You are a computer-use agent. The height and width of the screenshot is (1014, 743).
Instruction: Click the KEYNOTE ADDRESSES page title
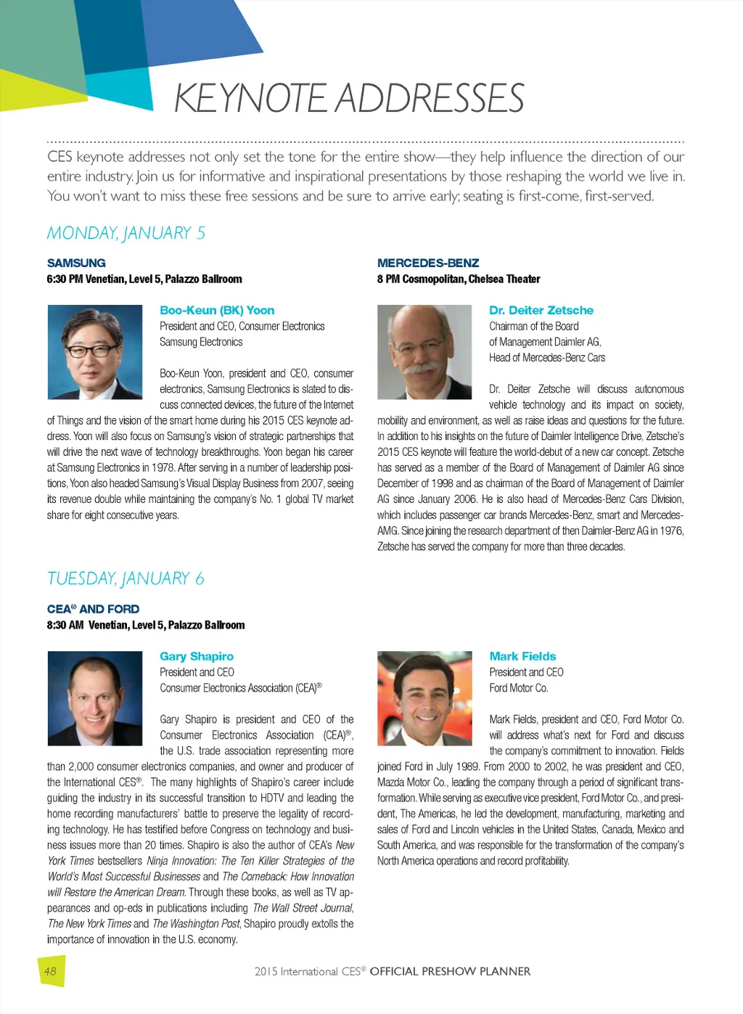point(348,98)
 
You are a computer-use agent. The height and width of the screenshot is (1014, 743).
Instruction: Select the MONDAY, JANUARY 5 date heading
point(126,233)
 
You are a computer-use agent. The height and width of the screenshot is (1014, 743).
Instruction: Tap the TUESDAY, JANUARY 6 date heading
point(126,578)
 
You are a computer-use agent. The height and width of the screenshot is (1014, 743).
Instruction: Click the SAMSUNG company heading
point(76,263)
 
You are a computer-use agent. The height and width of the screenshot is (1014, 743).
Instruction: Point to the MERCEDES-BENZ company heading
point(428,263)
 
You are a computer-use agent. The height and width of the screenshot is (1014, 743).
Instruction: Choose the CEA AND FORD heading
point(93,609)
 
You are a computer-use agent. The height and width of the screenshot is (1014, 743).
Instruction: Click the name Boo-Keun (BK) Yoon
point(217,310)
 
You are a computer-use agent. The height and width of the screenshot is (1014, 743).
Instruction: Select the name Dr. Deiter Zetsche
point(541,310)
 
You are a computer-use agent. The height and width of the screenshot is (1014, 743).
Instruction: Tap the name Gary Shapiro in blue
point(197,656)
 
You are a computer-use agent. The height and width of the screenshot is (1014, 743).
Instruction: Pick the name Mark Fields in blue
point(522,656)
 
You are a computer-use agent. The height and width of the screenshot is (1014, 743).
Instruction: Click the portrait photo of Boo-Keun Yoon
point(94,352)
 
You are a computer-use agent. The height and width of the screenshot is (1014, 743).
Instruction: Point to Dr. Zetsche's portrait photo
point(424,352)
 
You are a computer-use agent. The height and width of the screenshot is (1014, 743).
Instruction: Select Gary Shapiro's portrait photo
point(94,698)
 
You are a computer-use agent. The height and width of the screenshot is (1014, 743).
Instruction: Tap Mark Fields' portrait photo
point(424,698)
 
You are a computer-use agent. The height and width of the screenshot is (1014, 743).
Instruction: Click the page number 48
point(50,971)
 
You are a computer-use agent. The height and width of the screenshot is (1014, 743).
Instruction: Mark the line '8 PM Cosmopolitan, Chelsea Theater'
point(459,279)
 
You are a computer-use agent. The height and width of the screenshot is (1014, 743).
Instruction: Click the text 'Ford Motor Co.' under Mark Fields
point(519,688)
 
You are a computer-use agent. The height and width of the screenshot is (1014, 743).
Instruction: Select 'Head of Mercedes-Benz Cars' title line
point(546,358)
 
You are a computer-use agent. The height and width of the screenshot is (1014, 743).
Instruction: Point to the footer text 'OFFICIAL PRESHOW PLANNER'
point(450,971)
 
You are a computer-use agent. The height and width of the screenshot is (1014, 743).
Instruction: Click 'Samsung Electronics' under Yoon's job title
point(201,342)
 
